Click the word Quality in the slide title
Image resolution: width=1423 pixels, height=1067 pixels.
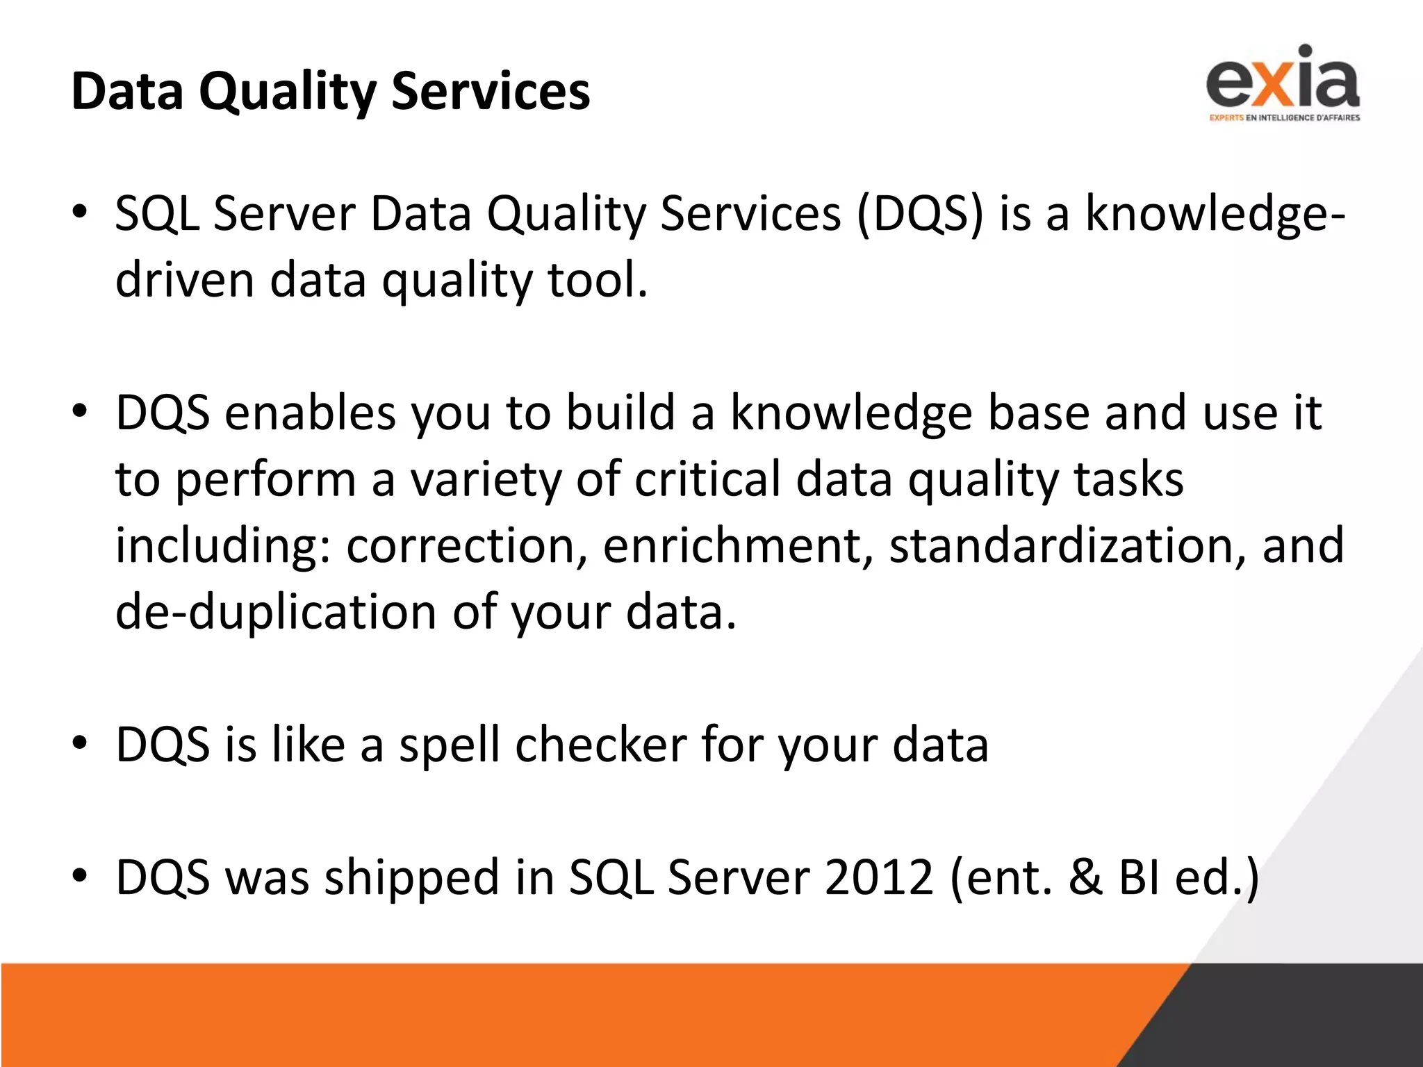(x=287, y=92)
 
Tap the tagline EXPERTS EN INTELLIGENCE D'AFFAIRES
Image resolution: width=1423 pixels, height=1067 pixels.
(x=1284, y=118)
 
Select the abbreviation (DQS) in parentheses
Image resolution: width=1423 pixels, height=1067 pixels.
(x=920, y=213)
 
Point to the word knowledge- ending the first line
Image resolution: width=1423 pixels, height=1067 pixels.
(x=1215, y=213)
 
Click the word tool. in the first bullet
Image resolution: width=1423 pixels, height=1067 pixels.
(x=598, y=279)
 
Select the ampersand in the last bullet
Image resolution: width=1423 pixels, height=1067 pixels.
(x=1085, y=877)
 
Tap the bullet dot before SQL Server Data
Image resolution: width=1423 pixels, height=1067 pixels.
(x=80, y=212)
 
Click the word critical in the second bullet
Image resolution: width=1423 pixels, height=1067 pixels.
(x=707, y=479)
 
